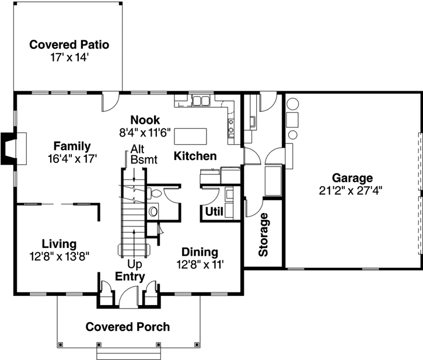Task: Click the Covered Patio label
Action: click(x=69, y=44)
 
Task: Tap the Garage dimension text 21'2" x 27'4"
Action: click(x=352, y=190)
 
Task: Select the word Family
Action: click(x=72, y=146)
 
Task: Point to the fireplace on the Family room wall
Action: click(x=13, y=149)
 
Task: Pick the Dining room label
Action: click(x=200, y=252)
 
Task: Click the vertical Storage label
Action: click(x=263, y=235)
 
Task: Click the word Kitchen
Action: click(x=195, y=156)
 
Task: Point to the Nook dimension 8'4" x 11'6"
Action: click(x=145, y=132)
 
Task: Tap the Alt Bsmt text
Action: click(x=138, y=153)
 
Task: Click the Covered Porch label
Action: click(x=128, y=327)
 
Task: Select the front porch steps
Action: click(x=128, y=352)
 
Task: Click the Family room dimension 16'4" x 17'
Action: click(x=72, y=158)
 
